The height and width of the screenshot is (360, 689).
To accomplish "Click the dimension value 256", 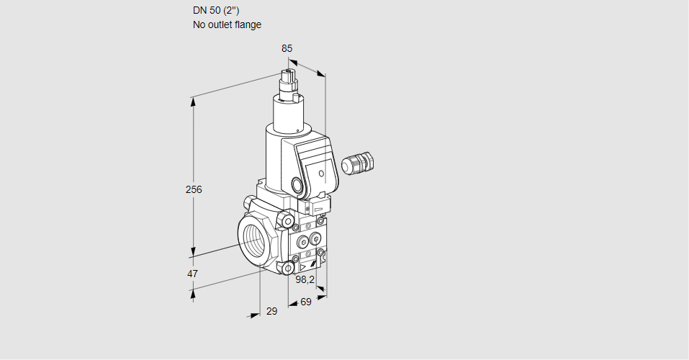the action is click(194, 189).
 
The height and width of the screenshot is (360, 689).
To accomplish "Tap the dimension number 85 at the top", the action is click(287, 48).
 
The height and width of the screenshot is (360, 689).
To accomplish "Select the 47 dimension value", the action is click(192, 274).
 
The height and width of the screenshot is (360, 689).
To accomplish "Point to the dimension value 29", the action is click(272, 311).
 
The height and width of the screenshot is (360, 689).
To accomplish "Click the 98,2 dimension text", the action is click(305, 279).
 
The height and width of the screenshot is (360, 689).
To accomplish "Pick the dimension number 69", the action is click(306, 302).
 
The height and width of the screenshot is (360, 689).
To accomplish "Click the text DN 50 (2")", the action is click(216, 11).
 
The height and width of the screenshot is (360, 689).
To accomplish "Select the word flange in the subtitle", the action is click(248, 24).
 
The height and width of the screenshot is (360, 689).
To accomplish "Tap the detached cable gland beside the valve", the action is click(358, 163).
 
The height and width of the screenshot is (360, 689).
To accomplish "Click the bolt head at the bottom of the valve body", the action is click(288, 268).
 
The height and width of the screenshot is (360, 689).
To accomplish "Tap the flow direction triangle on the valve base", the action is click(303, 267).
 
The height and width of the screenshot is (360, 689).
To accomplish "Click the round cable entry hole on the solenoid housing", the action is click(297, 184).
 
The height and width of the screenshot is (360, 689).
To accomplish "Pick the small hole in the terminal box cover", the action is click(321, 174).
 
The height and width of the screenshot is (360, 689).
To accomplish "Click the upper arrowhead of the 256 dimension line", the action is click(193, 102).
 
